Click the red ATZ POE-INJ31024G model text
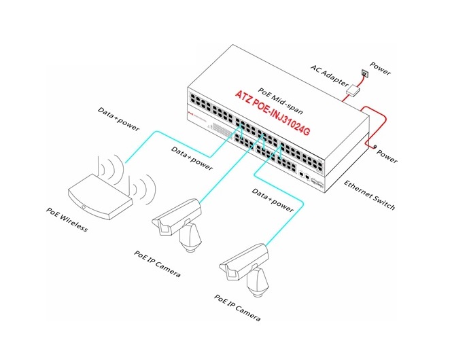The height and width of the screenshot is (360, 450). click(x=273, y=113)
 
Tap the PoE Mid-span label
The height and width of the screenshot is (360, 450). click(x=280, y=101)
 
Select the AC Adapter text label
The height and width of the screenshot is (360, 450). click(x=330, y=75)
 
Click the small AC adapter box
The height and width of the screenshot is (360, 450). click(x=353, y=91)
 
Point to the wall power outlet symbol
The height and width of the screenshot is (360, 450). click(x=365, y=74)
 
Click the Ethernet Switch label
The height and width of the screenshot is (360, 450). click(x=369, y=195)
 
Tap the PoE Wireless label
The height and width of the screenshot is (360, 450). click(x=67, y=219)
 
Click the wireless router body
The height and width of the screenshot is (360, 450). click(x=100, y=197)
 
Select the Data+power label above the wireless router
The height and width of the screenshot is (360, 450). click(x=118, y=119)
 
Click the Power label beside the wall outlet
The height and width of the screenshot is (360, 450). click(x=380, y=69)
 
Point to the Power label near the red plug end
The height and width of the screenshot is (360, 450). click(x=387, y=156)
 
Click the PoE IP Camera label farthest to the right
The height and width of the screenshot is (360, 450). click(x=237, y=308)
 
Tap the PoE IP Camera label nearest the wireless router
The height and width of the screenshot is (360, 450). click(x=157, y=264)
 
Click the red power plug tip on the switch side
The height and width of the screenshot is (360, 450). click(x=375, y=147)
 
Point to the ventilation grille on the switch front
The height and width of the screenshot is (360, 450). click(x=222, y=130)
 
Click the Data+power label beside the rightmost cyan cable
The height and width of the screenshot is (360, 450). click(x=273, y=200)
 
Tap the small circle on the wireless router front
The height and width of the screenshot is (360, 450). click(x=83, y=207)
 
